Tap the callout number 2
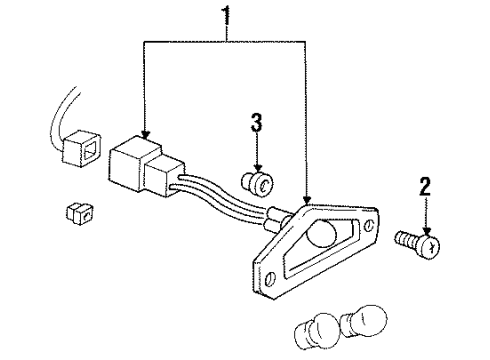coord(425,187)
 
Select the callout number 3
coord(256,124)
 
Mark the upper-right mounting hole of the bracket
coord(372,227)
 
